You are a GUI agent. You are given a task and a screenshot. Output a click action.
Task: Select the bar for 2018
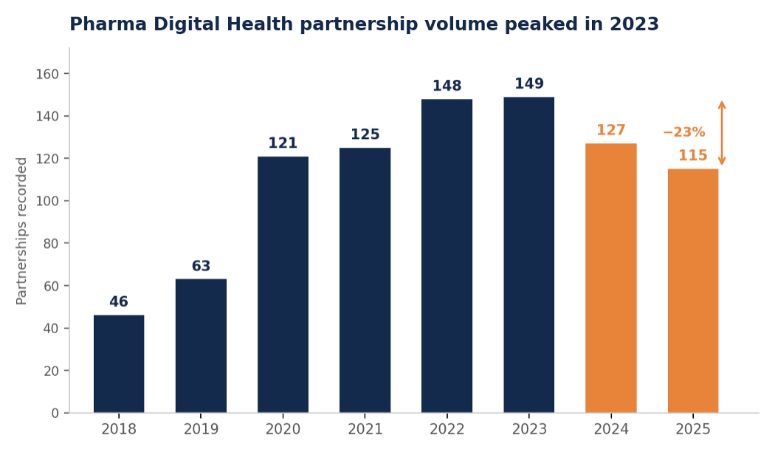pyautogui.click(x=119, y=363)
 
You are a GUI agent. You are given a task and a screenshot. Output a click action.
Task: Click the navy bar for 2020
pyautogui.click(x=283, y=284)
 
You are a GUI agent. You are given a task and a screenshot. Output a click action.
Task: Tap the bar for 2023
pyautogui.click(x=529, y=255)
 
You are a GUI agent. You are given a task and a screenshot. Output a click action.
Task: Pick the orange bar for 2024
pyautogui.click(x=611, y=278)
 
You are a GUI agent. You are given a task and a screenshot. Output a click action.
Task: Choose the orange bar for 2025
pyautogui.click(x=693, y=291)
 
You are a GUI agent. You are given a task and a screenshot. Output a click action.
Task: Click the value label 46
pyautogui.click(x=119, y=301)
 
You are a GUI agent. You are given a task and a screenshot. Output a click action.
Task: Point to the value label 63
pyautogui.click(x=201, y=266)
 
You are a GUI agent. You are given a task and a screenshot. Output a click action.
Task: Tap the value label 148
pyautogui.click(x=447, y=86)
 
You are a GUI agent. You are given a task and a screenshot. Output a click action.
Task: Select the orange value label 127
pyautogui.click(x=611, y=130)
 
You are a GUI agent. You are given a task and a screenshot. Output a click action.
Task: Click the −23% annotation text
pyautogui.click(x=684, y=132)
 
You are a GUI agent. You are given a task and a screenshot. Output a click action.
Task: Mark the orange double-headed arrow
pyautogui.click(x=722, y=133)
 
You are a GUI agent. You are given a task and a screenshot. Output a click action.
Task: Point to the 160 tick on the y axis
pyautogui.click(x=47, y=74)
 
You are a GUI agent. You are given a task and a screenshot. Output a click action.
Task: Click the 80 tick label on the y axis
pyautogui.click(x=51, y=243)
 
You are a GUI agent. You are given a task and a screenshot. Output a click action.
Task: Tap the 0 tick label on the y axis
pyautogui.click(x=55, y=413)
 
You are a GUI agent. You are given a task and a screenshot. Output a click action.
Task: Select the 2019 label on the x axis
pyautogui.click(x=201, y=429)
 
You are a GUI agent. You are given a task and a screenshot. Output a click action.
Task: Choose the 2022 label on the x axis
pyautogui.click(x=447, y=429)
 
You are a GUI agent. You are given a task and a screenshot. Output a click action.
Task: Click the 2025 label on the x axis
pyautogui.click(x=693, y=429)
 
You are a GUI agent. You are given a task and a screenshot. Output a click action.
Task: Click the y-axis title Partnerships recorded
pyautogui.click(x=21, y=231)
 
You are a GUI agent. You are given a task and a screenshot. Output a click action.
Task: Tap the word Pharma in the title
pyautogui.click(x=108, y=24)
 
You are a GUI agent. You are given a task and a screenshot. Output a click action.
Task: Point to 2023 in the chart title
pyautogui.click(x=634, y=24)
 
